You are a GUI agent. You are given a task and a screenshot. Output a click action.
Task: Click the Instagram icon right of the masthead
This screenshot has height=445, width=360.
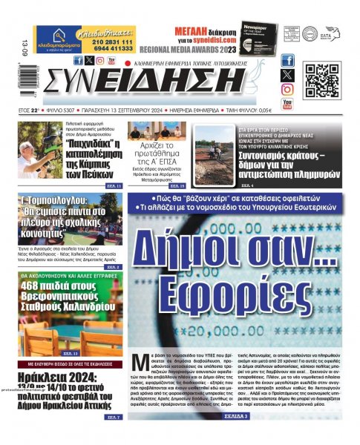click(x=287, y=90)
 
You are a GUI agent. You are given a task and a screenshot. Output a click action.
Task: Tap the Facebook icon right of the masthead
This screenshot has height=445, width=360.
click(x=287, y=61)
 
